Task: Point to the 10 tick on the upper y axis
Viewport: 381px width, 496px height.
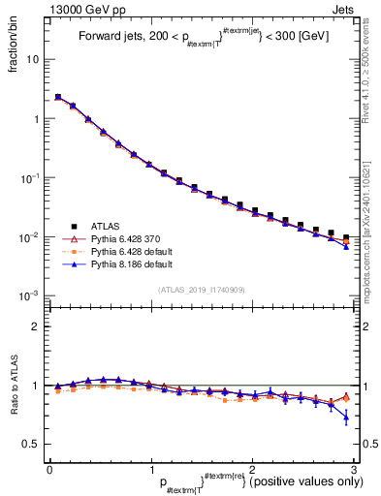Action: (x=33, y=59)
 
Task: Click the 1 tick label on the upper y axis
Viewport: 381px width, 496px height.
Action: (x=36, y=119)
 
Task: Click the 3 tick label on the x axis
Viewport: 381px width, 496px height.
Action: (x=355, y=470)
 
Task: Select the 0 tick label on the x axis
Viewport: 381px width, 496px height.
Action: (x=49, y=470)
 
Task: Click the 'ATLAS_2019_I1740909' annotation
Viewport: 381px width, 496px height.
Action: (x=203, y=290)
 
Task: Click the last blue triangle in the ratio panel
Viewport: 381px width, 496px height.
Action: (x=346, y=418)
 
